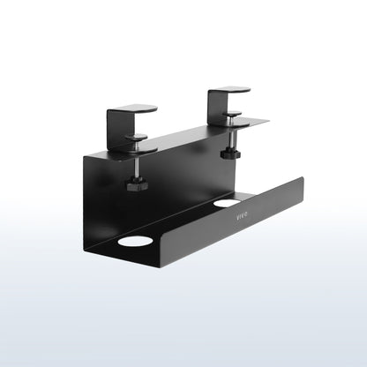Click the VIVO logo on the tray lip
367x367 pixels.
242,216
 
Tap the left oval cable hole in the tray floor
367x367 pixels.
135,241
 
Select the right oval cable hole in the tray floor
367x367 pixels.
227,202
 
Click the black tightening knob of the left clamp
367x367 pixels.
137,184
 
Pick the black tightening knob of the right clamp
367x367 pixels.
230,154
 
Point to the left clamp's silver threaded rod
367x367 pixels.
137,166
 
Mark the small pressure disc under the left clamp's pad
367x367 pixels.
137,136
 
